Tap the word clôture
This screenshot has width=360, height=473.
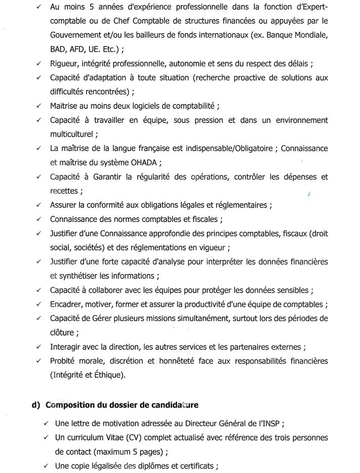point(63,333)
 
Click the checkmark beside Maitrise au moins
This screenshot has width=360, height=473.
point(39,107)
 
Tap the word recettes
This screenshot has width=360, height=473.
point(64,191)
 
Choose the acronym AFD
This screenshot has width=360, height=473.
point(75,50)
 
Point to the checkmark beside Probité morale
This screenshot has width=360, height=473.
point(39,361)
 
